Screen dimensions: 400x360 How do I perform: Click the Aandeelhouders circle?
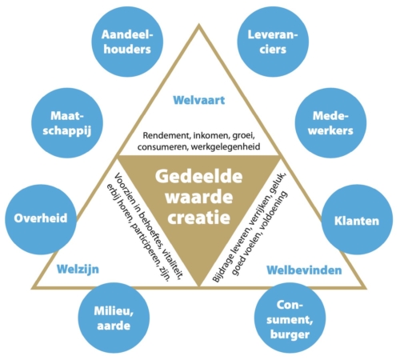click(127, 42)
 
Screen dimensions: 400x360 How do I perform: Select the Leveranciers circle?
click(273, 42)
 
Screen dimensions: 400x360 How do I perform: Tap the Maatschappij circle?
click(67, 123)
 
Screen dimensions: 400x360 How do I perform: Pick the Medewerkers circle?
click(330, 123)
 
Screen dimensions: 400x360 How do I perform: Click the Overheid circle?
click(41, 218)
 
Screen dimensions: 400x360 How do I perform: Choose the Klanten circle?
click(357, 219)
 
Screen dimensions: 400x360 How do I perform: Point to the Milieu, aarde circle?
click(114, 318)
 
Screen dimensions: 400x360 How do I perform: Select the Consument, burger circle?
click(290, 318)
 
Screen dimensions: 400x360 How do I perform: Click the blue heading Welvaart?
click(199, 100)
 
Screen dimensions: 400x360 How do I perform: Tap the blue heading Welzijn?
click(78, 270)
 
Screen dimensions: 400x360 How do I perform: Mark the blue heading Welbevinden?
click(304, 270)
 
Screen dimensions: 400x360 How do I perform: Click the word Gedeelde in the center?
click(199, 176)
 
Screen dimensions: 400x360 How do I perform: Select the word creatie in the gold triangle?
click(199, 218)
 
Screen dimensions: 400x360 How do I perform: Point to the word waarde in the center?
click(199, 197)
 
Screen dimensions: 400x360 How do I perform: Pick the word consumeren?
click(162, 147)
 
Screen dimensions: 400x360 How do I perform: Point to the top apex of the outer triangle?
click(198, 25)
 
